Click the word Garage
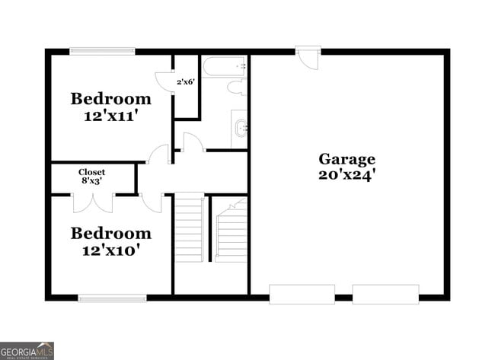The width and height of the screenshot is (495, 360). click(x=346, y=159)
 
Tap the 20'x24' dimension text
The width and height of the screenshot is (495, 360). click(x=346, y=174)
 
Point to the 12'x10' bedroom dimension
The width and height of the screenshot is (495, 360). click(x=111, y=249)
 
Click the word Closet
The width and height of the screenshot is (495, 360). click(x=92, y=172)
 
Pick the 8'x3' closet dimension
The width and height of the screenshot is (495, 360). click(x=92, y=181)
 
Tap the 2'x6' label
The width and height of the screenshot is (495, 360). click(x=186, y=81)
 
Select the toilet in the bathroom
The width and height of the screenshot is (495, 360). click(x=235, y=88)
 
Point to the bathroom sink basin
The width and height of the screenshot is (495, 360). click(x=240, y=127)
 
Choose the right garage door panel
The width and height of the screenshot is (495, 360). click(x=385, y=294)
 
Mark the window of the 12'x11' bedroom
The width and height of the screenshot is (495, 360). click(x=103, y=51)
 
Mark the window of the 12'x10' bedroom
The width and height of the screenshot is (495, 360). click(x=112, y=298)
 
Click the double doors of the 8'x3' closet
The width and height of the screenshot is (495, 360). click(x=93, y=202)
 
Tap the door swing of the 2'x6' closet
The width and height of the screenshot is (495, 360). click(x=164, y=80)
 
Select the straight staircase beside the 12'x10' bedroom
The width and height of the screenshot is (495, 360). click(x=190, y=228)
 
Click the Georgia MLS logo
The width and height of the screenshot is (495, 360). click(x=27, y=351)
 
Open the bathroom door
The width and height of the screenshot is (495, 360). click(x=193, y=143)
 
